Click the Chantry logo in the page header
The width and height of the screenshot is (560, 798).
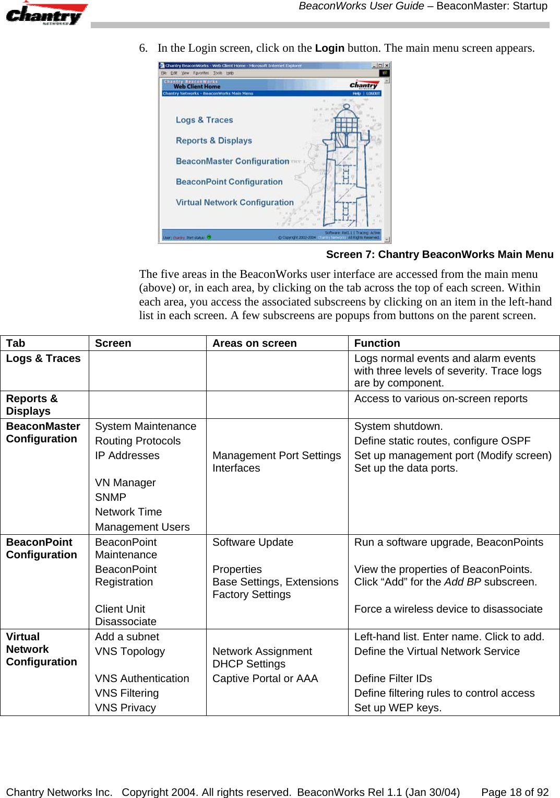tap(46, 14)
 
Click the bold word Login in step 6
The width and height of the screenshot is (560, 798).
tap(329, 49)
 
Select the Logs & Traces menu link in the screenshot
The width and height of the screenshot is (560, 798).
tap(204, 120)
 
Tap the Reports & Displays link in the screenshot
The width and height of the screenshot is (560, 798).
tap(213, 140)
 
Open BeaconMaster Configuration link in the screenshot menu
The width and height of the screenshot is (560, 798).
tap(232, 161)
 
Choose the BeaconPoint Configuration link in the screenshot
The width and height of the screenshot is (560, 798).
tap(229, 182)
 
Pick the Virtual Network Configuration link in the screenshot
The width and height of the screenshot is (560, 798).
tap(234, 203)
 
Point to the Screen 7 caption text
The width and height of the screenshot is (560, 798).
tap(439, 255)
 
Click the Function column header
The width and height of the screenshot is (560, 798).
tap(377, 344)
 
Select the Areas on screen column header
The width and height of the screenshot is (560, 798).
tap(254, 344)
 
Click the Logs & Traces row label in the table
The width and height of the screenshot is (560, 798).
tap(43, 359)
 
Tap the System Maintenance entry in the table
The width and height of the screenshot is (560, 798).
tap(145, 427)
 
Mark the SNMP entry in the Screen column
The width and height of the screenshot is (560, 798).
tap(110, 498)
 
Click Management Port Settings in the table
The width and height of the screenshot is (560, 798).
tap(276, 456)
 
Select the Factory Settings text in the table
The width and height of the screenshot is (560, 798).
tap(251, 595)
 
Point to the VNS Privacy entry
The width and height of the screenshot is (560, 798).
tap(125, 708)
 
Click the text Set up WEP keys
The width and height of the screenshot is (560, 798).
tap(398, 708)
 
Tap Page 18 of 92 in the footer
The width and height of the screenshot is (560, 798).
tap(515, 792)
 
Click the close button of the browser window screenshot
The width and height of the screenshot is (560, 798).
tap(387, 66)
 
